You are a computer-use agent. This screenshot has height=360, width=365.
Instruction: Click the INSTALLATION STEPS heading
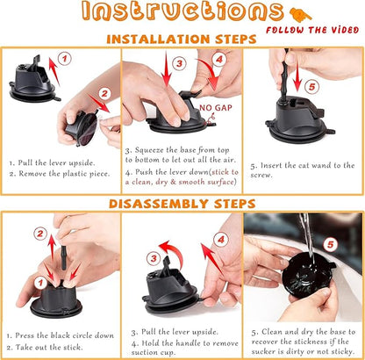point(182,40)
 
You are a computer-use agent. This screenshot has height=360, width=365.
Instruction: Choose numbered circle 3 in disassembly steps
point(152,258)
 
